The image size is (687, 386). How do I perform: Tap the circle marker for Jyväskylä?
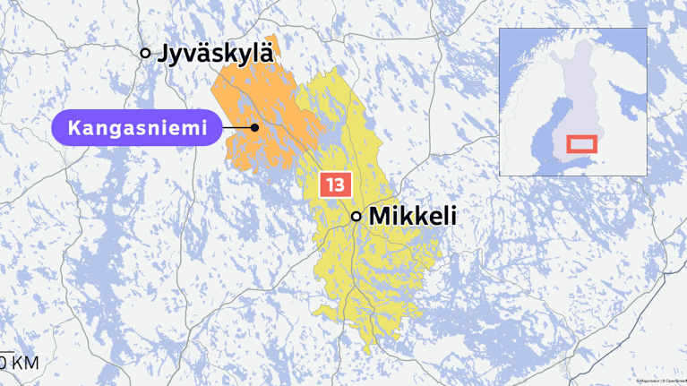(146, 54)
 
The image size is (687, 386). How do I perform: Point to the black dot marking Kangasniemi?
(255, 127)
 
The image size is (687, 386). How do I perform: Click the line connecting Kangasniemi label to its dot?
(236, 127)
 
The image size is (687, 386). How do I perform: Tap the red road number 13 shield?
(334, 185)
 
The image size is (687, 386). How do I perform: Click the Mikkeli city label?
(413, 216)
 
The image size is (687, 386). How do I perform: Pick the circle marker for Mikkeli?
(356, 216)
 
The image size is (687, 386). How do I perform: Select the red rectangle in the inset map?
(582, 142)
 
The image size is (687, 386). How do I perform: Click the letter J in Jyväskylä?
(164, 54)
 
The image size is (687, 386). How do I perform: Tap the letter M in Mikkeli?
(380, 216)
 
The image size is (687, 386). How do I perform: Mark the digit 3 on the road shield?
(339, 185)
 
